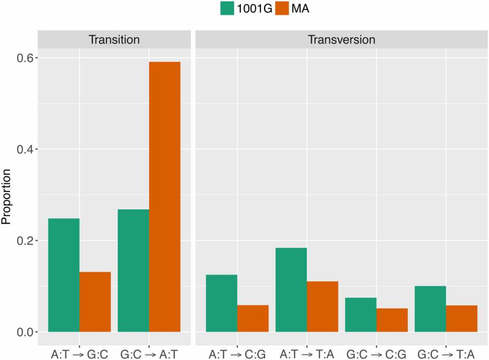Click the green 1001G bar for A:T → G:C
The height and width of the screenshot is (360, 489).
(x=64, y=275)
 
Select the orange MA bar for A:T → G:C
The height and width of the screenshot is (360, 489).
(x=95, y=302)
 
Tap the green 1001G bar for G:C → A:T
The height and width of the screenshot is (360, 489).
(x=134, y=271)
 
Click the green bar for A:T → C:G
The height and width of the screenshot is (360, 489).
(x=222, y=303)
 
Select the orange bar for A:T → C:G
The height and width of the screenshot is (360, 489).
(x=253, y=318)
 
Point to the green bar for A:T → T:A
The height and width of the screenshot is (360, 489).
(x=291, y=290)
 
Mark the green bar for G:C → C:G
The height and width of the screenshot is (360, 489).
(x=361, y=315)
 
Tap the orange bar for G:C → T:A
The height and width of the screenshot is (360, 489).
(x=461, y=318)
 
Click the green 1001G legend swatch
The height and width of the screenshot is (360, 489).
(x=227, y=9)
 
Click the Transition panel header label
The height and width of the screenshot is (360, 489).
(x=114, y=40)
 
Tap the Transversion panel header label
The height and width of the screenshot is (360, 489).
(x=341, y=40)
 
